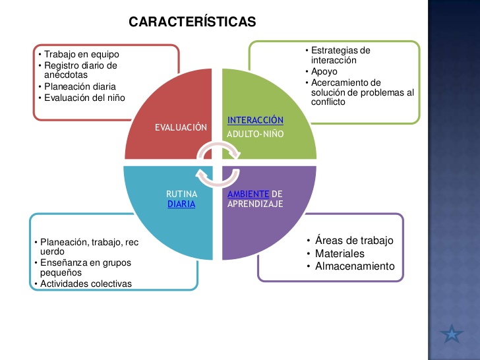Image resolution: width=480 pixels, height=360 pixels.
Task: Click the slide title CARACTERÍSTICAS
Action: tap(192, 22)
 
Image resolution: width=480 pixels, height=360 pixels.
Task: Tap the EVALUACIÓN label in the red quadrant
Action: tap(181, 128)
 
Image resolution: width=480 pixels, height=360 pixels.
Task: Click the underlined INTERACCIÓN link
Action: tap(255, 120)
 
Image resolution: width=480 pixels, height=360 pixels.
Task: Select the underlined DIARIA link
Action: tap(181, 204)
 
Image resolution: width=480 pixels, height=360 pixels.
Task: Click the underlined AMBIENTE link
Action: tap(249, 194)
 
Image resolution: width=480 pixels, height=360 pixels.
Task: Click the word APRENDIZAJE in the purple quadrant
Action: tap(255, 204)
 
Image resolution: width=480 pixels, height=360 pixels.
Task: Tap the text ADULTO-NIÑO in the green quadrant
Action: tap(255, 134)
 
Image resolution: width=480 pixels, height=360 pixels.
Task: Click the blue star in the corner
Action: tap(452, 334)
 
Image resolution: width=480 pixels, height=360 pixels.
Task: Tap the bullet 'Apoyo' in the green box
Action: tap(325, 71)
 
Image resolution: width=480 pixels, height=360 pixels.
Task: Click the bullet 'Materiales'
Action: tap(339, 253)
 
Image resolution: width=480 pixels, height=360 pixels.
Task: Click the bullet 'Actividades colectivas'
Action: tap(86, 284)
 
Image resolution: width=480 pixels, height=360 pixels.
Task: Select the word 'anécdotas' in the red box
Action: tap(65, 75)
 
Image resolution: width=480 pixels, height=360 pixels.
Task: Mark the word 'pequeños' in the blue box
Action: tap(61, 272)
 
